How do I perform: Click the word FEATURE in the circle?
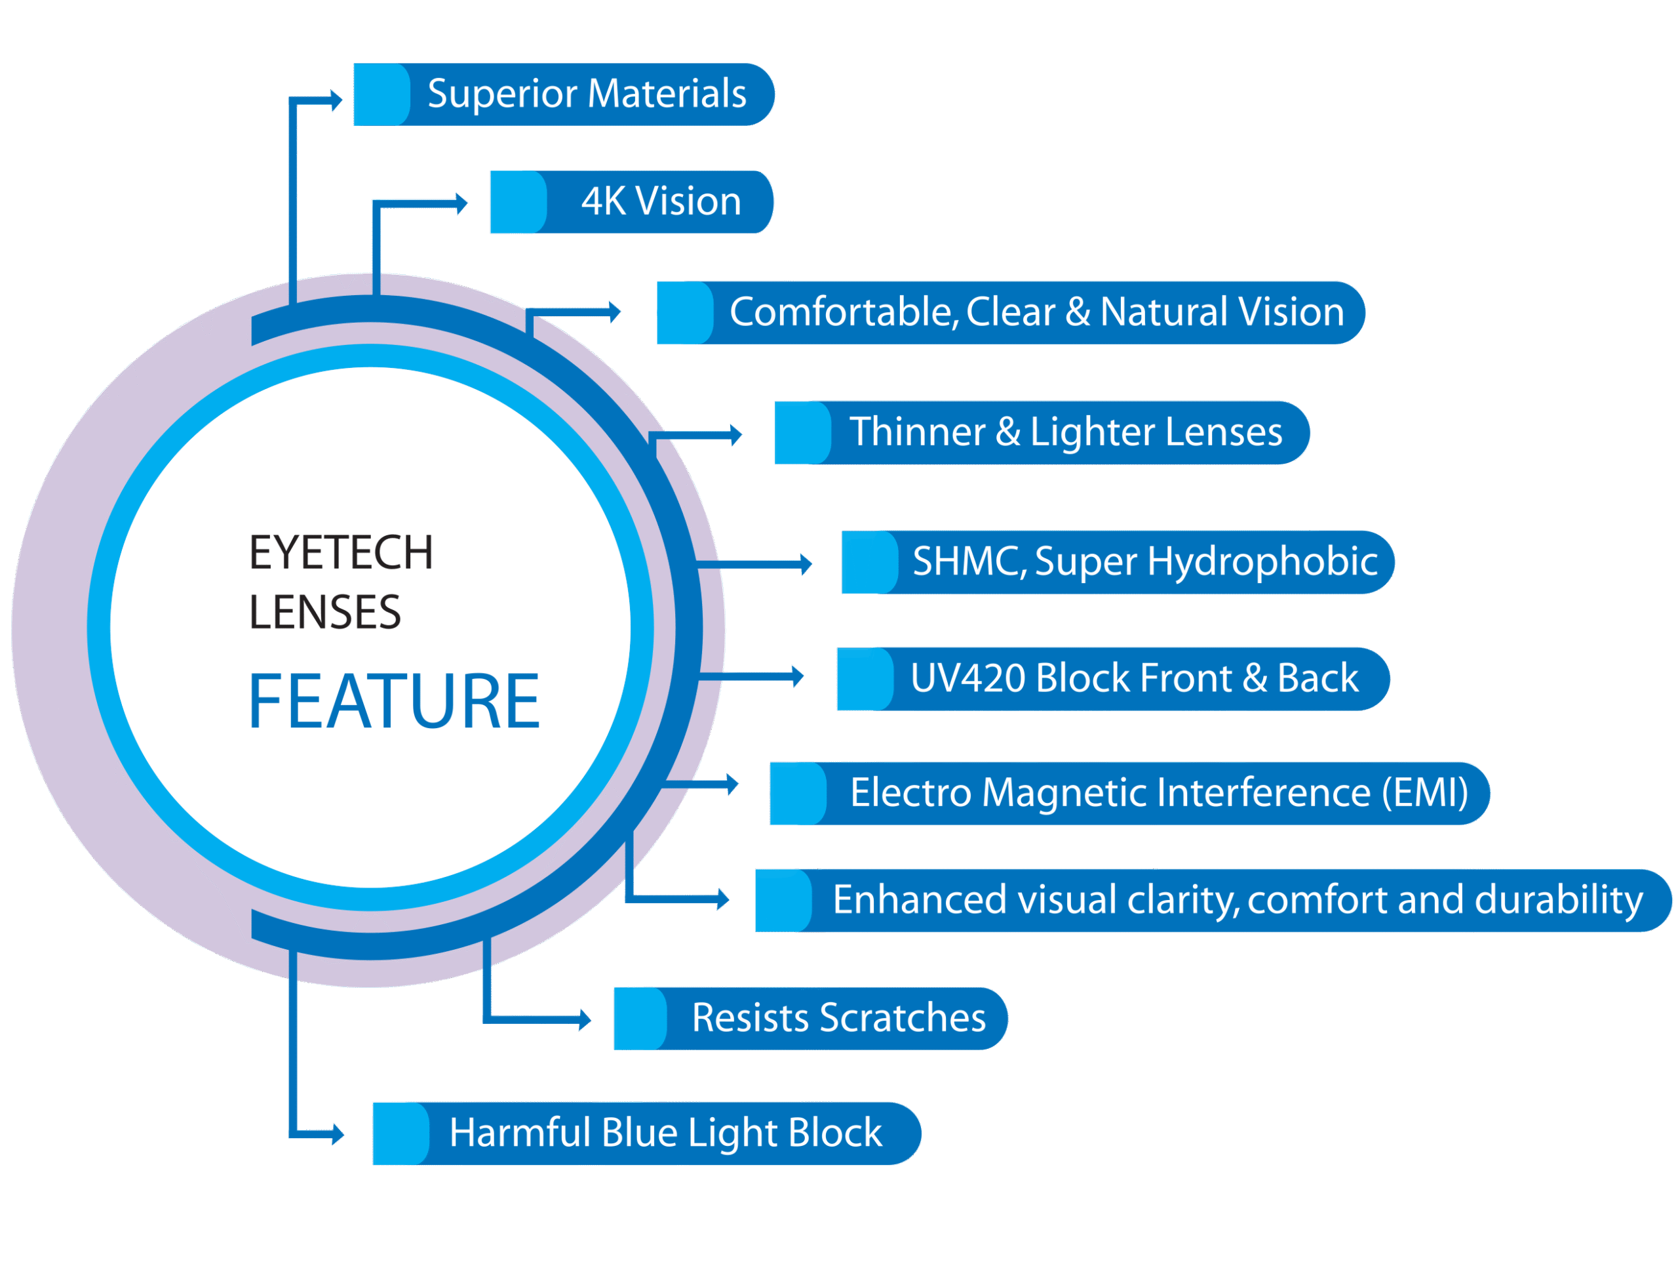(394, 701)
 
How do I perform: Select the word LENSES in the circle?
(324, 613)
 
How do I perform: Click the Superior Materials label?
(587, 94)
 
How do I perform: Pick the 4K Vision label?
(661, 202)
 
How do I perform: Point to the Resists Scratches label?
(838, 1018)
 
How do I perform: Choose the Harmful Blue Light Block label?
(665, 1133)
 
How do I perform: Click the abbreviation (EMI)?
(1424, 793)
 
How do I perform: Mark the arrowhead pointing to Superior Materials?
(336, 100)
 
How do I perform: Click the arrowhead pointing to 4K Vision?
(461, 203)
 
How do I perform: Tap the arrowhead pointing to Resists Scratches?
(585, 1019)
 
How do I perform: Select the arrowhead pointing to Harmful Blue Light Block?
(338, 1135)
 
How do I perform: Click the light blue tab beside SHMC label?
(869, 562)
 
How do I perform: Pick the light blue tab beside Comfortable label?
(685, 313)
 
